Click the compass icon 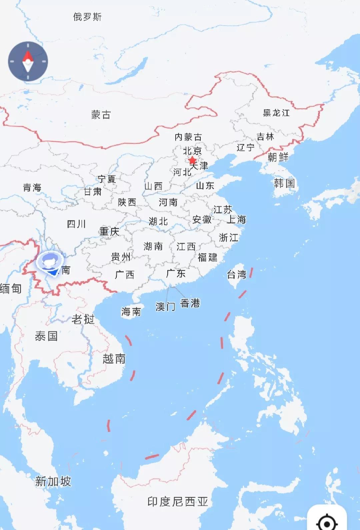pyautogui.click(x=28, y=62)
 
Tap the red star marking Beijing pyautogui.click(x=192, y=161)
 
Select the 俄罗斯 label pyautogui.click(x=87, y=17)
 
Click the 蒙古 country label pyautogui.click(x=101, y=115)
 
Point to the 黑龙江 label pyautogui.click(x=276, y=113)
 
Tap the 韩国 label pyautogui.click(x=284, y=183)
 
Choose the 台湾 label pyautogui.click(x=237, y=275)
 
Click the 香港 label pyautogui.click(x=190, y=303)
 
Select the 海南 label pyautogui.click(x=131, y=312)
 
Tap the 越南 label pyautogui.click(x=114, y=359)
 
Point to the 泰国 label pyautogui.click(x=46, y=336)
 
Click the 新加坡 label pyautogui.click(x=53, y=481)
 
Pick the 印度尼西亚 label pyautogui.click(x=178, y=502)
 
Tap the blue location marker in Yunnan pyautogui.click(x=50, y=263)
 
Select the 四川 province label pyautogui.click(x=76, y=224)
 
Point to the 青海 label pyautogui.click(x=32, y=187)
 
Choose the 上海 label pyautogui.click(x=236, y=219)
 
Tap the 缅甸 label pyautogui.click(x=11, y=288)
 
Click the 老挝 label pyautogui.click(x=83, y=319)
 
